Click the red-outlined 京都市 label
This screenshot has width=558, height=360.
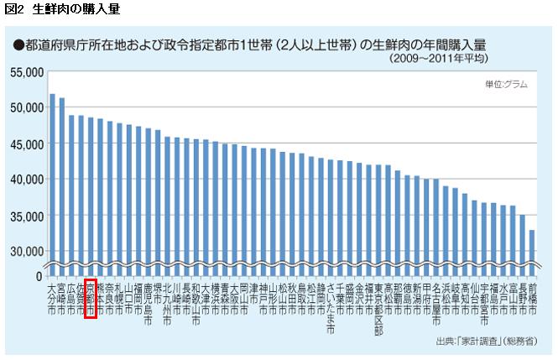tap(91, 299)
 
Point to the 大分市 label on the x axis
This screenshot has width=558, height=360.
tap(52, 298)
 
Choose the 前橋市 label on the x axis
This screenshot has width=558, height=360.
tap(532, 298)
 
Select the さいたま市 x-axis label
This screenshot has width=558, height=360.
tap(331, 308)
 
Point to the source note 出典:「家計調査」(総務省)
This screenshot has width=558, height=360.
tap(486, 342)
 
